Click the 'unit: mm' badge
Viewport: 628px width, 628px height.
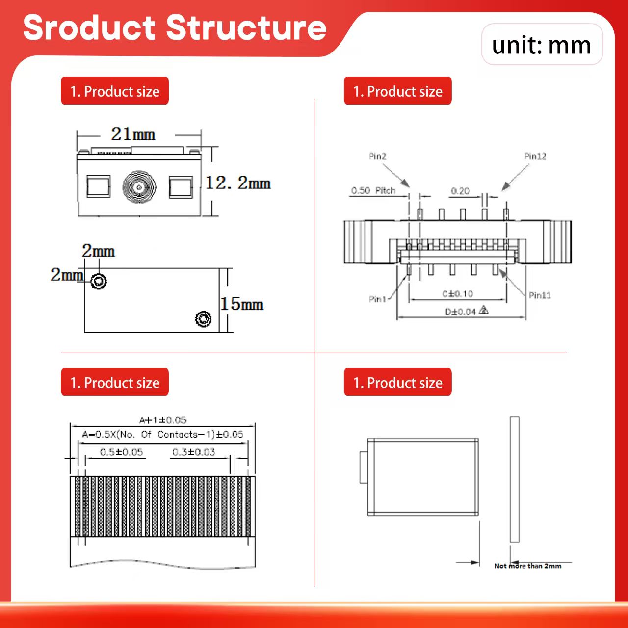tap(542, 45)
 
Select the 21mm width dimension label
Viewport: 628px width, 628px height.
tap(133, 134)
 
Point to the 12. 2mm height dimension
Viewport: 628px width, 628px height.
tap(238, 183)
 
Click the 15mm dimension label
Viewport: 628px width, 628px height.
tap(241, 304)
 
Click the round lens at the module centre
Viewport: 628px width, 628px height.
tap(139, 187)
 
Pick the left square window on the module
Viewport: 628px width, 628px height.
tap(98, 186)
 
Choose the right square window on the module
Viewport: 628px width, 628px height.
tap(181, 187)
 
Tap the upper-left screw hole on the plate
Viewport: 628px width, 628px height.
tap(99, 281)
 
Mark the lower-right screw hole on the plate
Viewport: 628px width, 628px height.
tap(203, 319)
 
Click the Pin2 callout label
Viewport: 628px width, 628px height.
tap(377, 157)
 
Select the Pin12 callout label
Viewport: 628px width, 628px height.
tap(535, 157)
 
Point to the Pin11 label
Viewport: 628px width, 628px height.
tap(540, 295)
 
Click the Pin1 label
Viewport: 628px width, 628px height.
tap(377, 299)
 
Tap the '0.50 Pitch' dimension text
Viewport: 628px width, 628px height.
tap(373, 191)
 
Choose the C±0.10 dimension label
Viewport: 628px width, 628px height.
tap(457, 294)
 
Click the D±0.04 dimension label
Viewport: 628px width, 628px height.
tap(461, 312)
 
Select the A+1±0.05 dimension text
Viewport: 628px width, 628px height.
tap(162, 420)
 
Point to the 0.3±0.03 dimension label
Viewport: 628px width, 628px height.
tap(194, 452)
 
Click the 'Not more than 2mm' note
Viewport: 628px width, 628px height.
tap(527, 566)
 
